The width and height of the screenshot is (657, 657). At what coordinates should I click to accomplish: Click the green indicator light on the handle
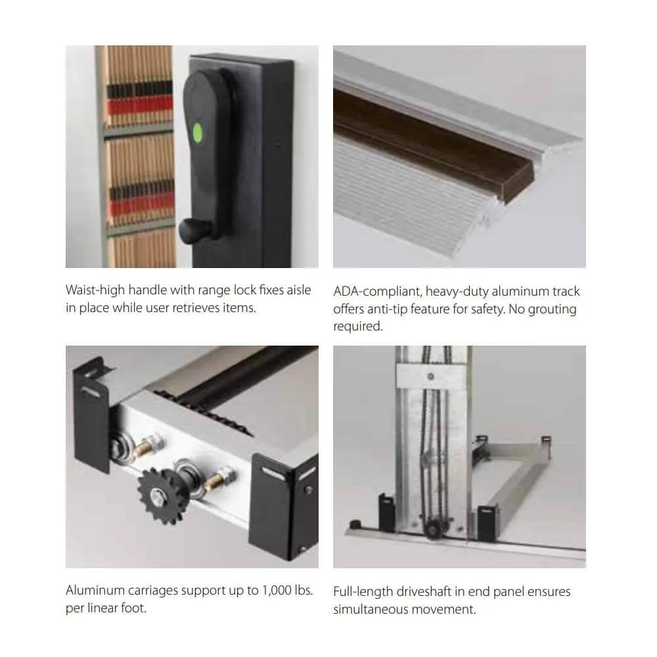click(x=198, y=133)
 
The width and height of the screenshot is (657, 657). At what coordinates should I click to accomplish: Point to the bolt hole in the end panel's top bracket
click(x=430, y=376)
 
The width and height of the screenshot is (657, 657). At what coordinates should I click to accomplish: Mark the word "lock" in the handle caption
click(x=244, y=290)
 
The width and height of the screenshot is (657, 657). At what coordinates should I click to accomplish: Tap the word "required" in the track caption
click(x=358, y=327)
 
